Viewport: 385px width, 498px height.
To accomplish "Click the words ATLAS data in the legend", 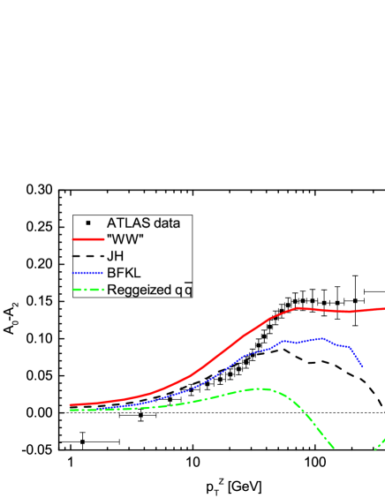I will pyautogui.click(x=143, y=223).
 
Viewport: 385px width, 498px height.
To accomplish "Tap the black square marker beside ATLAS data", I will pyautogui.click(x=89, y=223).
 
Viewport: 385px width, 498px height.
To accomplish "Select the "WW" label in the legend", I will pyautogui.click(x=125, y=239).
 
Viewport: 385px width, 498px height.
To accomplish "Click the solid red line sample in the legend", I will pyautogui.click(x=89, y=239).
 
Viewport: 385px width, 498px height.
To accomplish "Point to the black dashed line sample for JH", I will pyautogui.click(x=89, y=256).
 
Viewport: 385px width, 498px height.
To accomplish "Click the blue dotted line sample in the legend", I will pyautogui.click(x=89, y=273).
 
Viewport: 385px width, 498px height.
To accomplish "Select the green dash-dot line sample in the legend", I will pyautogui.click(x=89, y=290).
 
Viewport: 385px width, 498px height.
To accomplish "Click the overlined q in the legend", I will pyautogui.click(x=187, y=289).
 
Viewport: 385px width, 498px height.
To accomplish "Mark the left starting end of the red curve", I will pyautogui.click(x=71, y=405).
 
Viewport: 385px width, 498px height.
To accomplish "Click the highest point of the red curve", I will pyautogui.click(x=298, y=307).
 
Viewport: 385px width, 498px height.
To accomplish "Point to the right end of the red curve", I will pyautogui.click(x=383, y=308).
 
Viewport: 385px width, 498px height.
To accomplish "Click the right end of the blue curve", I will pyautogui.click(x=362, y=366).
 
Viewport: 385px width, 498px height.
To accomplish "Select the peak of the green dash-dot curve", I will pyautogui.click(x=258, y=388).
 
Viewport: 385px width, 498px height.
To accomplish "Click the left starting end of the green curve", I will pyautogui.click(x=71, y=411).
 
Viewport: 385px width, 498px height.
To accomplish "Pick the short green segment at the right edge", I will pyautogui.click(x=381, y=440).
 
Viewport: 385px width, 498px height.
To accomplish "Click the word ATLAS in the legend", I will pyautogui.click(x=127, y=223).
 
